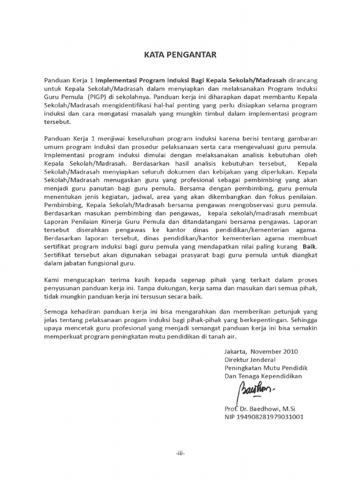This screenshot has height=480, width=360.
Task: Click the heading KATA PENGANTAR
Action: [x=180, y=55]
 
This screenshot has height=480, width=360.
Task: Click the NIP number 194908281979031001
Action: [x=264, y=417]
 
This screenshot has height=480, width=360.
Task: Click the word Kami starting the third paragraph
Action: [x=52, y=280]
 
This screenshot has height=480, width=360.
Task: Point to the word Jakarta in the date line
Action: [x=235, y=351]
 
